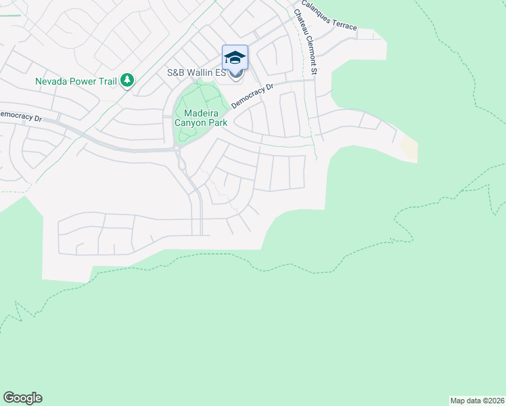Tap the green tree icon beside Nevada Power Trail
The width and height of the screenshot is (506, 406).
click(x=127, y=81)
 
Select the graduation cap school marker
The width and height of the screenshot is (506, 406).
click(x=235, y=57)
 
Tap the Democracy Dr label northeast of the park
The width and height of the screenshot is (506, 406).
click(x=252, y=96)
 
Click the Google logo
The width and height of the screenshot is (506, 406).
click(x=22, y=398)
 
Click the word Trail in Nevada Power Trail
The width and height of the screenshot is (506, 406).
click(x=107, y=81)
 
